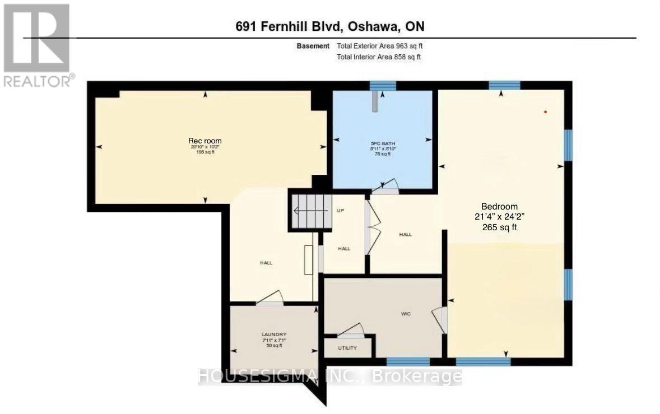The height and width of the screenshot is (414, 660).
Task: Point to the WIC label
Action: tap(406, 314)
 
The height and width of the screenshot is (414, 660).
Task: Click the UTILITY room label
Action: tap(347, 348)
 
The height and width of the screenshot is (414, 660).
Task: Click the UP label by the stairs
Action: tap(340, 211)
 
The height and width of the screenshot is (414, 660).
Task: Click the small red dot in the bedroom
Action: tap(545, 112)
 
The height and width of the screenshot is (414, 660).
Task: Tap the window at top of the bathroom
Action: tap(383, 86)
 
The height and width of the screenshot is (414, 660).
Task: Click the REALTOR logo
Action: tap(37, 45)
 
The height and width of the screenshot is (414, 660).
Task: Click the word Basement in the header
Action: tap(313, 46)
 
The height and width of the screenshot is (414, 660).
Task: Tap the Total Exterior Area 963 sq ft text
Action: tap(383, 46)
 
